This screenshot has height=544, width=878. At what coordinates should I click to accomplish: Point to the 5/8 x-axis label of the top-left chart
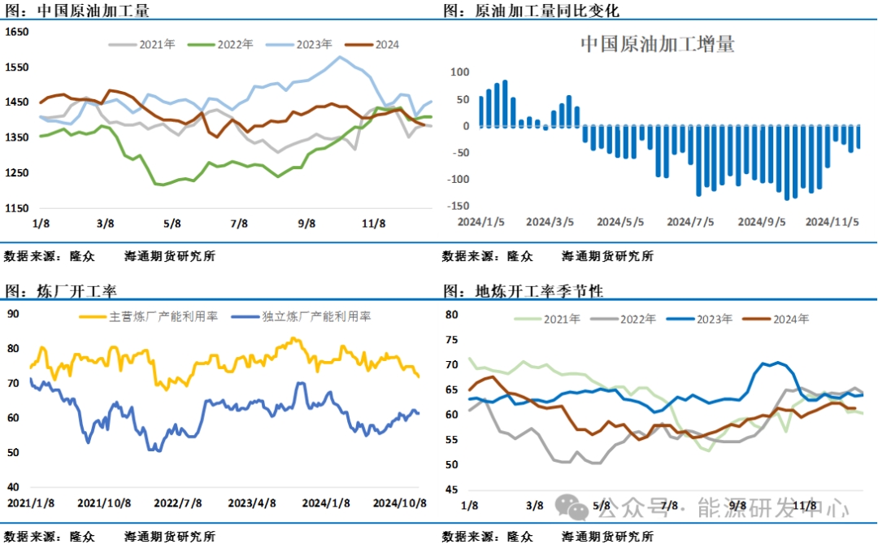tap(173, 223)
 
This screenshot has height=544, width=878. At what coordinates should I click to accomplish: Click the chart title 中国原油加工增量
tap(657, 44)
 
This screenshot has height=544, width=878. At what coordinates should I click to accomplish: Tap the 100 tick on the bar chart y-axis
tap(460, 72)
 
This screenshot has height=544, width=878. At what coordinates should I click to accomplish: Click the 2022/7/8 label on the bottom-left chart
tap(179, 503)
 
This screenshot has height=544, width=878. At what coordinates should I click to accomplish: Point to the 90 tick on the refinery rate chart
tap(13, 313)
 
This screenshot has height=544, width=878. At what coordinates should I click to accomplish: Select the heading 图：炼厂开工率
tap(54, 290)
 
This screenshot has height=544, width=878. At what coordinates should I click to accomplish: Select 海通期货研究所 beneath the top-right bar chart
tap(607, 256)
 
